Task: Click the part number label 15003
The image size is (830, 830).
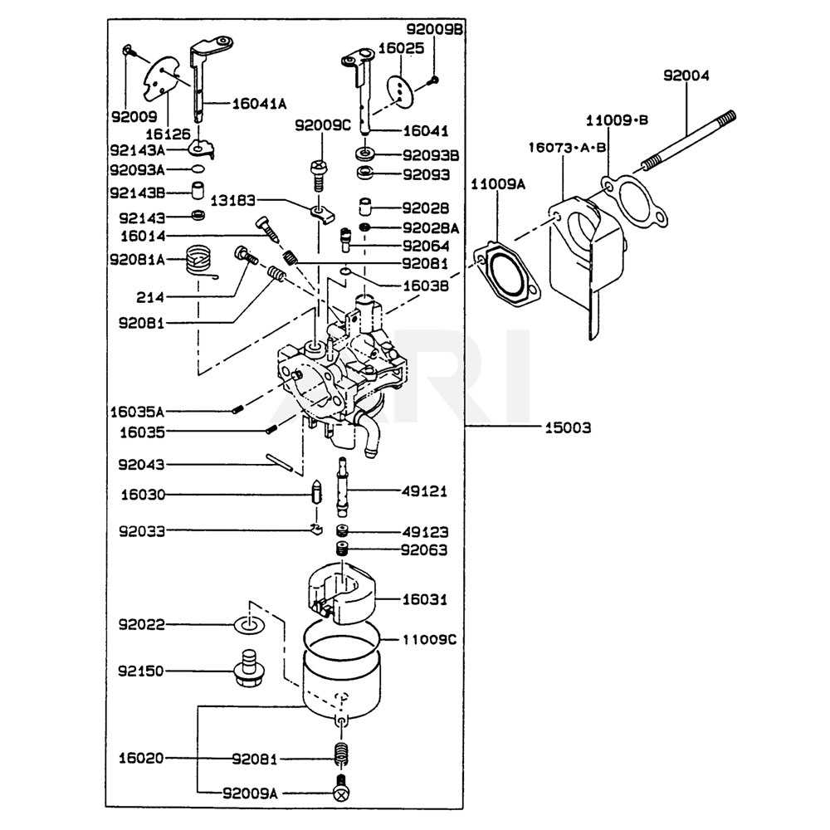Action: (569, 428)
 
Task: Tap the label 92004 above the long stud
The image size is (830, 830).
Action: (686, 76)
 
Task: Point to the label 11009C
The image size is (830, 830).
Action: (429, 640)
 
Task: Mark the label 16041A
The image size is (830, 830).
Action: (259, 104)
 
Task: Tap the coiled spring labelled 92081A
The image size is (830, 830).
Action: (199, 262)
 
